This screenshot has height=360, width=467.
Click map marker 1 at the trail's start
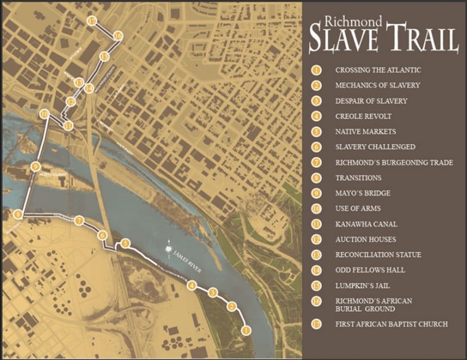[246, 331]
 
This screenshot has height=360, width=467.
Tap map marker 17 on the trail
[92, 21]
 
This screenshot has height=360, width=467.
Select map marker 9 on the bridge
[35, 166]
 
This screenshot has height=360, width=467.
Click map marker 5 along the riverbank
[125, 243]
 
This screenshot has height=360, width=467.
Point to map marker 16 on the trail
[117, 36]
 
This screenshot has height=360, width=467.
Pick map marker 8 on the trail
[18, 214]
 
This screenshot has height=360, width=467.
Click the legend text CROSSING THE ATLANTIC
[378, 70]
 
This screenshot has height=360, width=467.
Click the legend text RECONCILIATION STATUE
[378, 254]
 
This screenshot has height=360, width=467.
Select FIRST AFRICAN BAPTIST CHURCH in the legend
[391, 324]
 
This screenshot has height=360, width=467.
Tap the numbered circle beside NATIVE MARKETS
[316, 131]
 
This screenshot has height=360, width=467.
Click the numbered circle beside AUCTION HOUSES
[316, 239]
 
